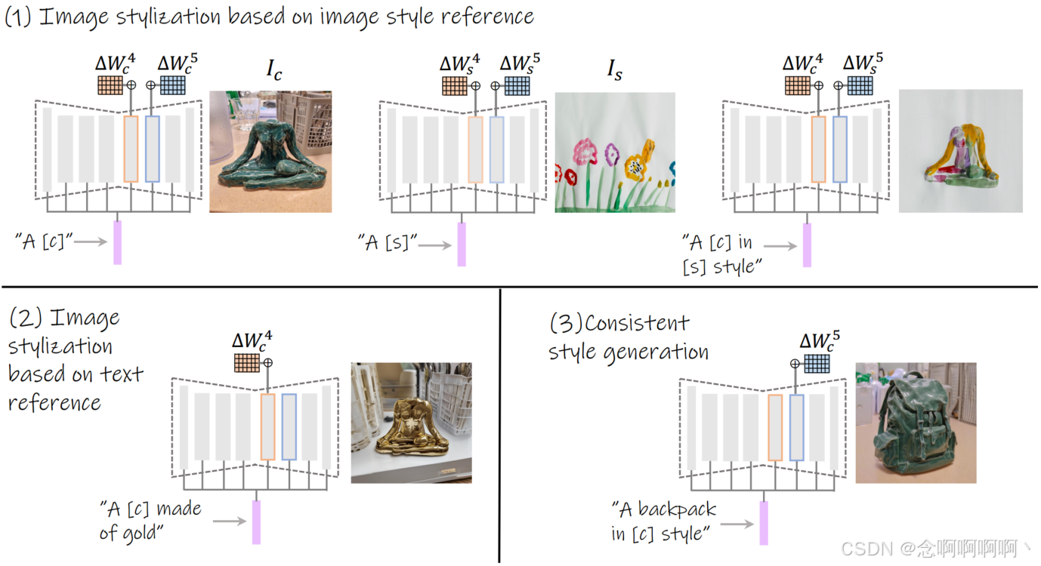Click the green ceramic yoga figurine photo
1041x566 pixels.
pos(270,151)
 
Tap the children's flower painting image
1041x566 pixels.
pos(615,152)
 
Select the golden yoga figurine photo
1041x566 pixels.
pos(411,423)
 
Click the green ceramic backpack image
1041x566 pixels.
pos(916,423)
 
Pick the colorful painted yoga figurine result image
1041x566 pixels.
pos(960,151)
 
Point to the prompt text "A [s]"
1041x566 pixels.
pos(387,242)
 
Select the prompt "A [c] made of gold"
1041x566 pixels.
pos(150,521)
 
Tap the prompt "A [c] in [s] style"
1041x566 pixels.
pos(722,254)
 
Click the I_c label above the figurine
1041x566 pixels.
pos(273,69)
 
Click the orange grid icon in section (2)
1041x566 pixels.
pos(246,364)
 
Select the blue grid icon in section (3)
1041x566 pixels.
pos(816,364)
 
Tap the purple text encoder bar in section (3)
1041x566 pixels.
pos(764,522)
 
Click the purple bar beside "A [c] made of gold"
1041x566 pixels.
pos(256,521)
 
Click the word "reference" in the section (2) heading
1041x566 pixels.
pos(54,402)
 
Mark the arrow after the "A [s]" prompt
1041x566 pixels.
pos(436,244)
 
